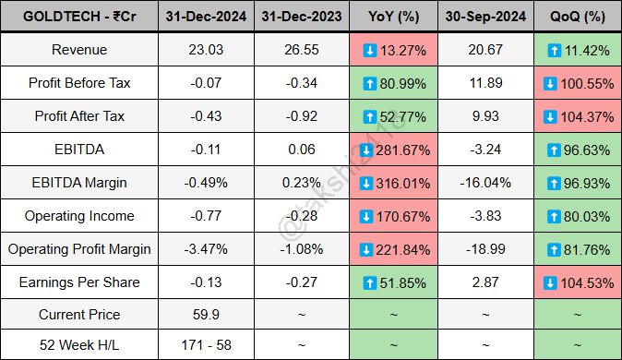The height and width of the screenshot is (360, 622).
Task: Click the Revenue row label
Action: point(78,50)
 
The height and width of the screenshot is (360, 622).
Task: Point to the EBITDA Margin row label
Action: point(78,183)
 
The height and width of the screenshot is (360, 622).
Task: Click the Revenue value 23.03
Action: point(207,50)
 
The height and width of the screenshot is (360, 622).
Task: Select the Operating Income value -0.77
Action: point(207,216)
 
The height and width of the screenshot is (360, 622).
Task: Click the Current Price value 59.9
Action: point(207,315)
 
